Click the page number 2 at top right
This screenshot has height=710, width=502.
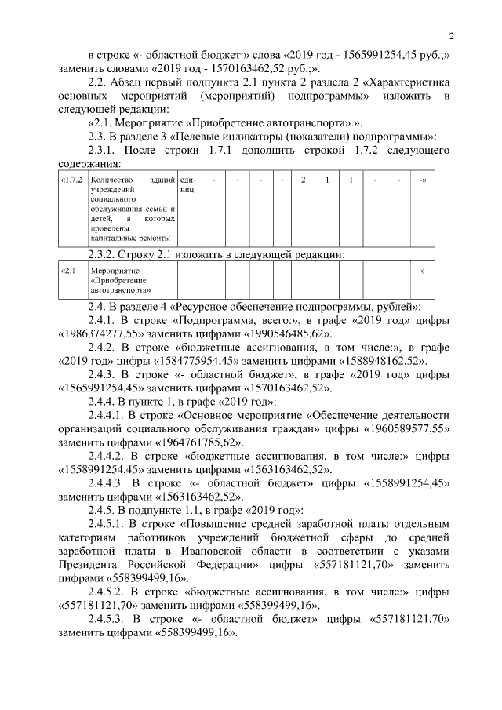453,35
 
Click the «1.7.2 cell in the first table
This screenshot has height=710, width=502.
71,180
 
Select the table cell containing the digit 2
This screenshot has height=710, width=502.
303,180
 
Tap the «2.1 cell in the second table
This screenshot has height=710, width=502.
68,271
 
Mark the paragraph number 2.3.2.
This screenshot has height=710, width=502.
105,253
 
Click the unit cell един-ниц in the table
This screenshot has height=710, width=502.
187,185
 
